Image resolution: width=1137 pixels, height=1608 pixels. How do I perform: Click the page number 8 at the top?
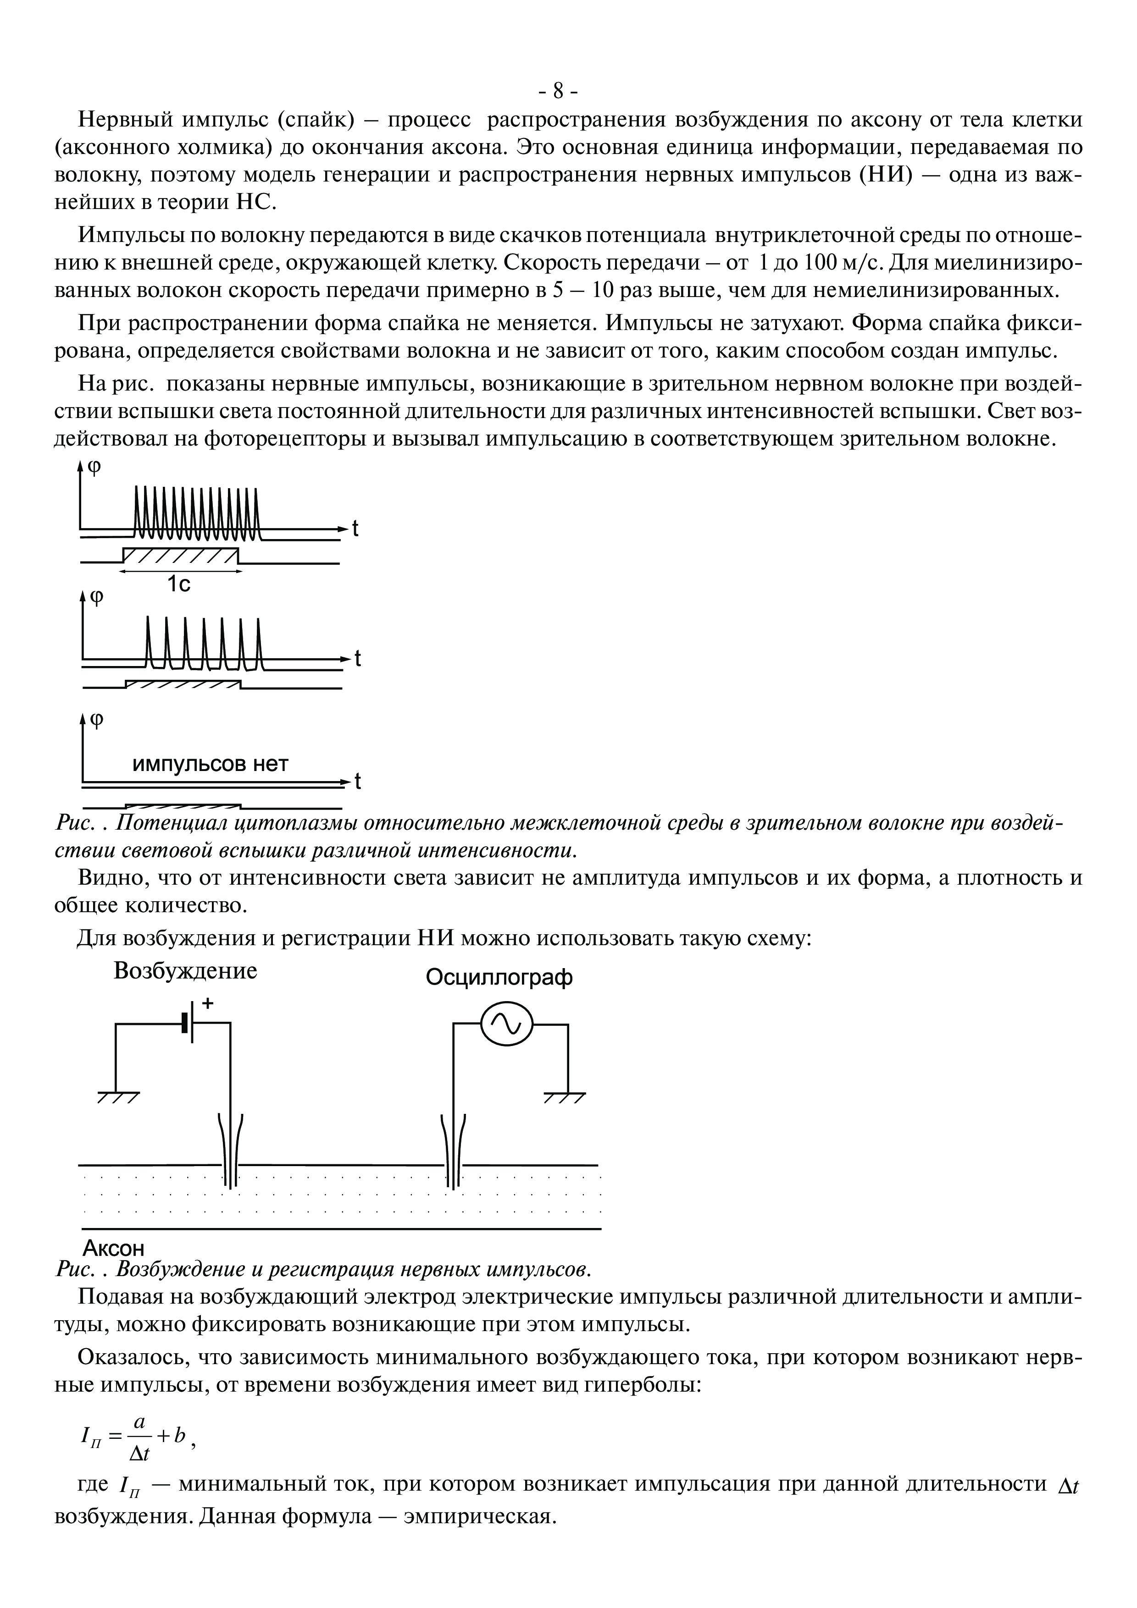click(x=558, y=91)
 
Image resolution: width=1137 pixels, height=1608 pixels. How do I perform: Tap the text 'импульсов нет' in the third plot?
click(x=210, y=764)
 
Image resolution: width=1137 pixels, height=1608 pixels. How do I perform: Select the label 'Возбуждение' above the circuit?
click(x=186, y=971)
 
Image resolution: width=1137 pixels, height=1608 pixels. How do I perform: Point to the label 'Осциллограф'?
click(x=499, y=978)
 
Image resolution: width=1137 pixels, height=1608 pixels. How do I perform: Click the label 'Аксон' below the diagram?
click(x=113, y=1248)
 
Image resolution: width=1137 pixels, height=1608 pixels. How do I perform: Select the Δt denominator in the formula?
click(x=140, y=1454)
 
